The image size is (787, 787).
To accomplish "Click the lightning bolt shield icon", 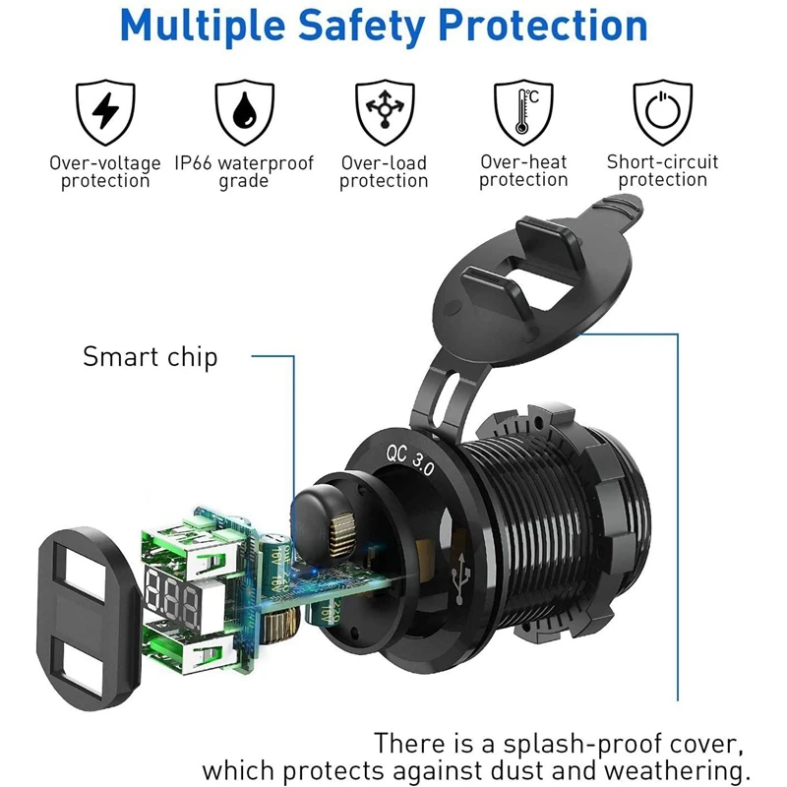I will [x=105, y=112].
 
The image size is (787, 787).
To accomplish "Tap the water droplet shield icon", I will [x=244, y=112].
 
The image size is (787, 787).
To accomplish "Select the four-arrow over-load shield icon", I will [x=384, y=112].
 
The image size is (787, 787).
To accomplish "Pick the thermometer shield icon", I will [x=523, y=112].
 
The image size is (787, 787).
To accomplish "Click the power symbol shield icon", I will [x=662, y=112].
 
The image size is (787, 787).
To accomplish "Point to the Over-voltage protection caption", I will [x=105, y=171].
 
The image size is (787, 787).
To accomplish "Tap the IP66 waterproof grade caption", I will [x=244, y=171].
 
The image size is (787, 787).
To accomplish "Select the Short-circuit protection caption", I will [x=662, y=171].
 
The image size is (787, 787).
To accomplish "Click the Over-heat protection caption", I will [x=523, y=171].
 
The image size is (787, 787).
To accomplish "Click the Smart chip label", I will [x=150, y=356].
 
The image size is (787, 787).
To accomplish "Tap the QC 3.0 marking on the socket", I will [x=408, y=459].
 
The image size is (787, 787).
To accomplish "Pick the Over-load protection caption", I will [x=384, y=171].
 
